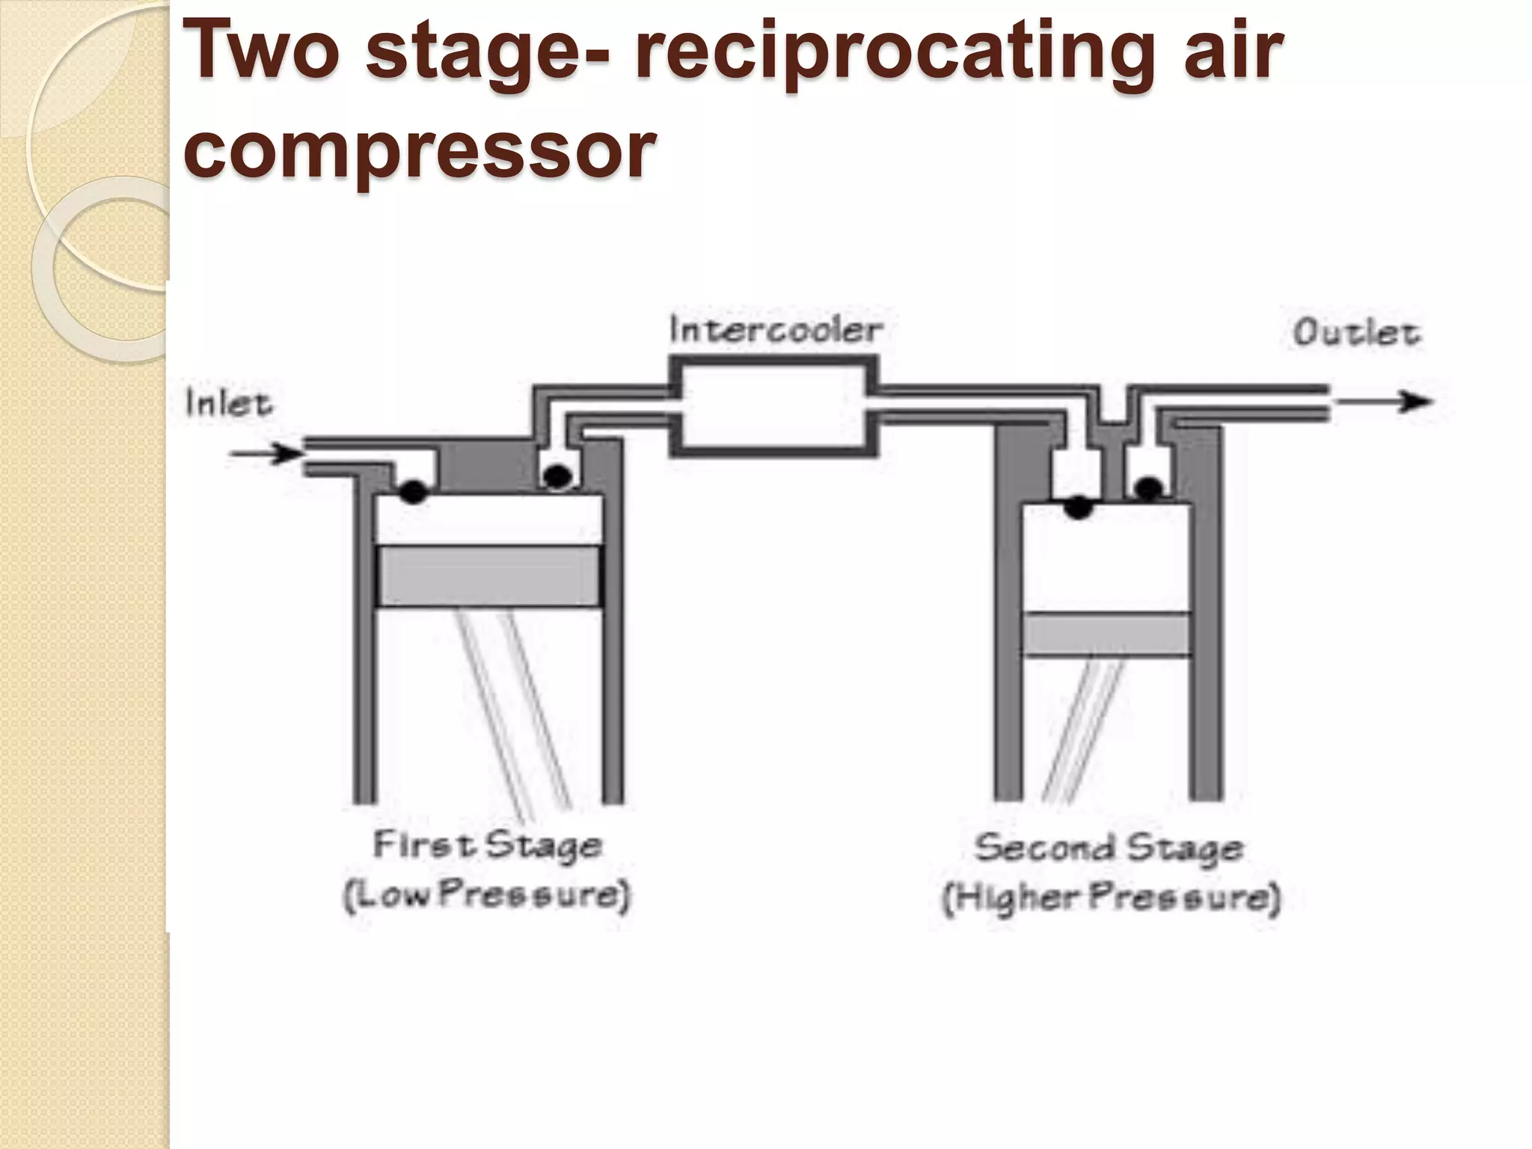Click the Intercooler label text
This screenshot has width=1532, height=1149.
[776, 331]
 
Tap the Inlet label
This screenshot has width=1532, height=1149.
[228, 404]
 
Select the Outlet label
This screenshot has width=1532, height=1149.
[1355, 334]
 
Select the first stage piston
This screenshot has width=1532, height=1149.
[489, 576]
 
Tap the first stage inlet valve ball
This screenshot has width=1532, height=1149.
[414, 491]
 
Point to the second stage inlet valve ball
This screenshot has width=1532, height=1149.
[1078, 508]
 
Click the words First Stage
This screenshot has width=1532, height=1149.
[487, 846]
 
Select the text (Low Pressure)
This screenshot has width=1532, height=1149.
[487, 895]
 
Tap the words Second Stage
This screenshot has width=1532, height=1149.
[1109, 848]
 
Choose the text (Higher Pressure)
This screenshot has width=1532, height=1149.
[1112, 898]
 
